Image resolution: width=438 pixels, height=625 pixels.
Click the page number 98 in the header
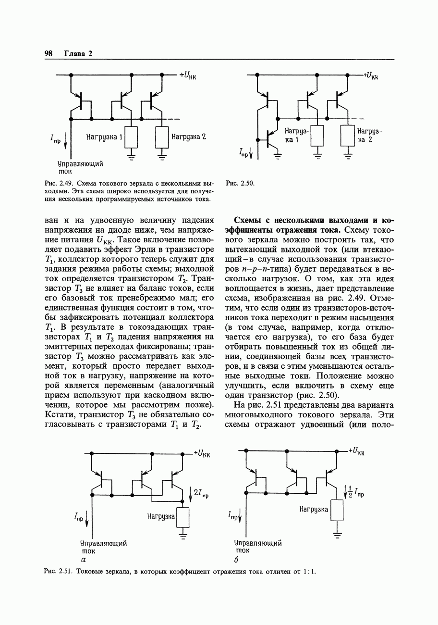coord(48,53)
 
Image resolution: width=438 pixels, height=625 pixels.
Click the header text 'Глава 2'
coord(78,53)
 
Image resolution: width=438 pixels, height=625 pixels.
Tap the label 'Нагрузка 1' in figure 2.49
coord(104,137)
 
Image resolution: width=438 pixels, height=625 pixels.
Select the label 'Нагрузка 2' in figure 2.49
coord(189,137)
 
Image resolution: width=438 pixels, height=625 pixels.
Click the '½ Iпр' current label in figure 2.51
coord(355,492)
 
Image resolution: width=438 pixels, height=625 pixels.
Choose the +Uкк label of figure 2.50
coord(370,75)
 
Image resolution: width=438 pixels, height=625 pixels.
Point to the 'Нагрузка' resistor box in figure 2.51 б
coord(337,511)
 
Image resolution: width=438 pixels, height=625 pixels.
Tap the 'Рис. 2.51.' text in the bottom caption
coord(57,572)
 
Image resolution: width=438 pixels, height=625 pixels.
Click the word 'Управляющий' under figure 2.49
coord(80,164)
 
